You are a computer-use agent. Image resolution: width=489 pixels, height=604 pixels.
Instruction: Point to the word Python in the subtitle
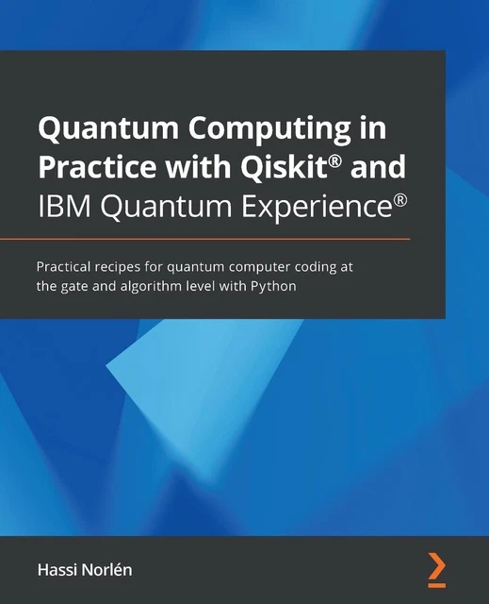coord(274,287)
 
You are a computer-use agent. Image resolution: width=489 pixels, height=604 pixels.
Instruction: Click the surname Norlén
coord(113,569)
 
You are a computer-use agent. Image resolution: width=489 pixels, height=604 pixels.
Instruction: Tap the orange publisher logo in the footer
coord(435,566)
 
